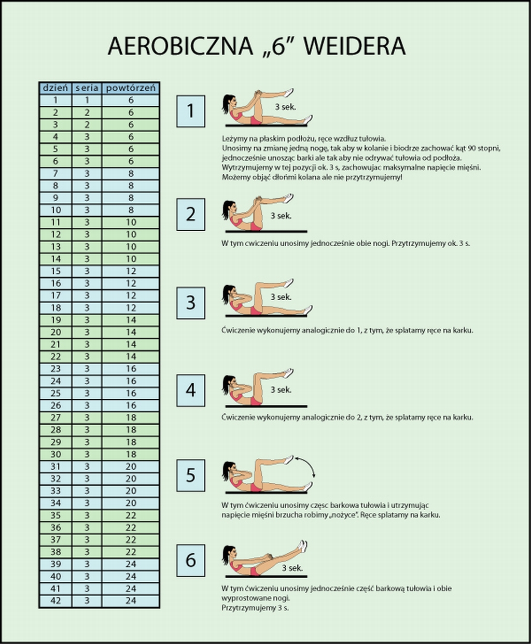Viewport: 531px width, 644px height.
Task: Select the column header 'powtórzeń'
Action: pos(131,88)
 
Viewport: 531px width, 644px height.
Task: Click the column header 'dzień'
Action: pos(55,88)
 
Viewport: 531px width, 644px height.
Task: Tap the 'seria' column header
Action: pos(87,88)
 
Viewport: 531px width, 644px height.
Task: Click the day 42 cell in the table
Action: pos(55,600)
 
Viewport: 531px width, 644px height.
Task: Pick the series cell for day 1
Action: pos(87,100)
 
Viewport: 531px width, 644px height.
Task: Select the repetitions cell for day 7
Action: pos(131,173)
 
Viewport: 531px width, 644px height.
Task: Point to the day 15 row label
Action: pos(55,271)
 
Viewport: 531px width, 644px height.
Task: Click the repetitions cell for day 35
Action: pos(131,515)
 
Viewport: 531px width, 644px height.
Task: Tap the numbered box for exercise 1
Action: pos(191,111)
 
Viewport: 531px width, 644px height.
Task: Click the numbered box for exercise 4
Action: pos(191,390)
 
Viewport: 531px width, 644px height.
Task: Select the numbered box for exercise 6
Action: pos(191,560)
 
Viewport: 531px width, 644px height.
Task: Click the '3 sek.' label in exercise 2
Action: pos(281,215)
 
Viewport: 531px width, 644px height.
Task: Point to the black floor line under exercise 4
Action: pos(266,407)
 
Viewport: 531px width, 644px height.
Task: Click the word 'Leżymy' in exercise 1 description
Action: pos(231,139)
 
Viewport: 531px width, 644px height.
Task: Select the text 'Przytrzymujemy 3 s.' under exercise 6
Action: pos(255,607)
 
